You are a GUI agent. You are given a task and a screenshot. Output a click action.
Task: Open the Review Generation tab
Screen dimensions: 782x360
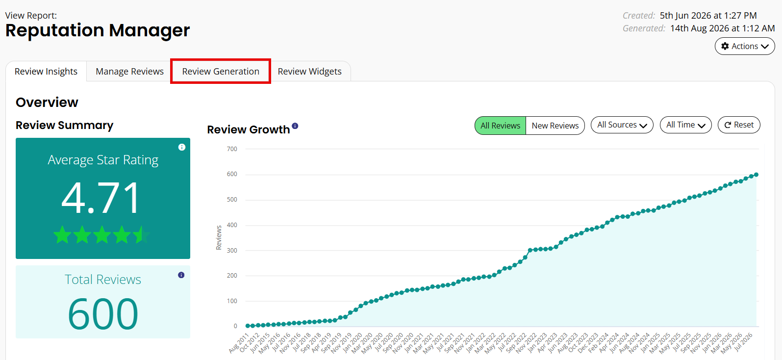pyautogui.click(x=221, y=71)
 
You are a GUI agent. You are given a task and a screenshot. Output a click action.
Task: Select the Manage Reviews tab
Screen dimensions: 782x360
pyautogui.click(x=129, y=71)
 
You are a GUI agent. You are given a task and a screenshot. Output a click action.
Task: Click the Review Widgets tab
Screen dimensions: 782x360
pyautogui.click(x=310, y=71)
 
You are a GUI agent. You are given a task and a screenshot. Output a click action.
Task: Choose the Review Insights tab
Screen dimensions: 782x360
pyautogui.click(x=46, y=71)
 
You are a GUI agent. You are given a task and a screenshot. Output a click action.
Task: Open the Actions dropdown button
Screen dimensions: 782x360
pyautogui.click(x=745, y=46)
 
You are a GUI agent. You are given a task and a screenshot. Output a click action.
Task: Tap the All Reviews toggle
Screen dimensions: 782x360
pyautogui.click(x=500, y=126)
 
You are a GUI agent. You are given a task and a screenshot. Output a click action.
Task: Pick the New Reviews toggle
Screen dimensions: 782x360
pyautogui.click(x=555, y=126)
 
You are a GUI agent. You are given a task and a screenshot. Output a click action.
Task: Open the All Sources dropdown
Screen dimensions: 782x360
pyautogui.click(x=622, y=125)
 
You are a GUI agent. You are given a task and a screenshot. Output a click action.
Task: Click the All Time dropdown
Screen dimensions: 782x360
pyautogui.click(x=685, y=125)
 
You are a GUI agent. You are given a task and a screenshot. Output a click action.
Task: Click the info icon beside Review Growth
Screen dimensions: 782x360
pyautogui.click(x=295, y=126)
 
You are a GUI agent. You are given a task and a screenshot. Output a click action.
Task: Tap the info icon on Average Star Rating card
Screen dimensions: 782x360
pyautogui.click(x=181, y=147)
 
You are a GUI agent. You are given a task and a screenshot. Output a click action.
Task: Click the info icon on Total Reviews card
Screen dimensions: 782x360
pyautogui.click(x=181, y=275)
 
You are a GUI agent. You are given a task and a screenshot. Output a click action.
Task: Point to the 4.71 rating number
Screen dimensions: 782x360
pyautogui.click(x=101, y=198)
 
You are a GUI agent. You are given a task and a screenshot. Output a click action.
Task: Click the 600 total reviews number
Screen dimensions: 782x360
pyautogui.click(x=103, y=313)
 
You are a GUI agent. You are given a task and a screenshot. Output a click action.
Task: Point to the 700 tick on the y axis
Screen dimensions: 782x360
pyautogui.click(x=232, y=149)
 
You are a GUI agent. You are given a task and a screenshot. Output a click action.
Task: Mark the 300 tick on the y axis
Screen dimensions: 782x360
pyautogui.click(x=232, y=250)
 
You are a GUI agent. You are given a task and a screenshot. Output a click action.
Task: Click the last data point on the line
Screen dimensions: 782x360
pyautogui.click(x=756, y=175)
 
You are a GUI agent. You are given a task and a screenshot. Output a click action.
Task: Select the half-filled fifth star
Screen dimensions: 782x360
pyautogui.click(x=141, y=234)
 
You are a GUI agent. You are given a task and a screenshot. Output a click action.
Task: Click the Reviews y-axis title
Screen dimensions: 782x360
pyautogui.click(x=219, y=237)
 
